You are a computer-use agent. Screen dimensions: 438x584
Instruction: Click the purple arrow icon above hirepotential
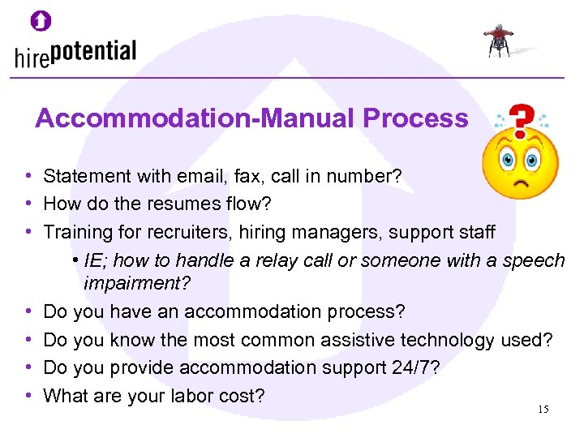41,21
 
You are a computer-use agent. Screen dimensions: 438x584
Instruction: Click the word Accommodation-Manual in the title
195,118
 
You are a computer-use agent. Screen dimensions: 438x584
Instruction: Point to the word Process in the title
415,118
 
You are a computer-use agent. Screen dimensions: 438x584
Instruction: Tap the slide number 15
543,410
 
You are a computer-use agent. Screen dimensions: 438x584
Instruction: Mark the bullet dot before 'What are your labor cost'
28,396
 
